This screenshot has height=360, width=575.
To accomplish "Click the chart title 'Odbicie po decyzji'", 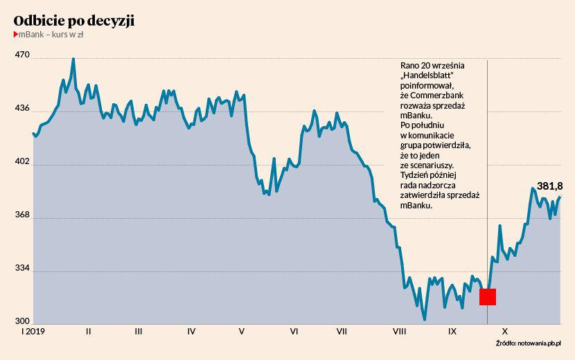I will (x=74, y=21).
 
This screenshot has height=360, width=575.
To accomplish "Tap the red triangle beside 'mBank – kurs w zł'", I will (x=16, y=35).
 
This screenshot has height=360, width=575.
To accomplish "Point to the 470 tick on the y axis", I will (x=22, y=55).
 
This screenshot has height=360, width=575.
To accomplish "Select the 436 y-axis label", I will (x=22, y=108).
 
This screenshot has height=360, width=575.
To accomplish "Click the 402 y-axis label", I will (x=22, y=162).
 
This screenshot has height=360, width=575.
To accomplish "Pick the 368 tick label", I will (x=22, y=215).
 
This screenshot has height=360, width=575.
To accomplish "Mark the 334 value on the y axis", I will (x=22, y=269).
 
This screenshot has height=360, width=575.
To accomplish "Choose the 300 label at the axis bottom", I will (x=22, y=321).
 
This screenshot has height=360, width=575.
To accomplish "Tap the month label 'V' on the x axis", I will (x=242, y=332).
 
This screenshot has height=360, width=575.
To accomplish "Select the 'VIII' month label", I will (x=399, y=332).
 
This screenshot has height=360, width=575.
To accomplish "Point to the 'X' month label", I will (x=505, y=332).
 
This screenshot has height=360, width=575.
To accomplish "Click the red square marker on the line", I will (x=488, y=297).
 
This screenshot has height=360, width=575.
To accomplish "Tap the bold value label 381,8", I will (x=549, y=186).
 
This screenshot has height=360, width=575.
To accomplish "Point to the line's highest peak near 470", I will (x=73, y=60).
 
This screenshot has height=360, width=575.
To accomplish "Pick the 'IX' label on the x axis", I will (x=452, y=332).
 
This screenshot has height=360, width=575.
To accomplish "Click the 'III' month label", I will (x=139, y=332).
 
